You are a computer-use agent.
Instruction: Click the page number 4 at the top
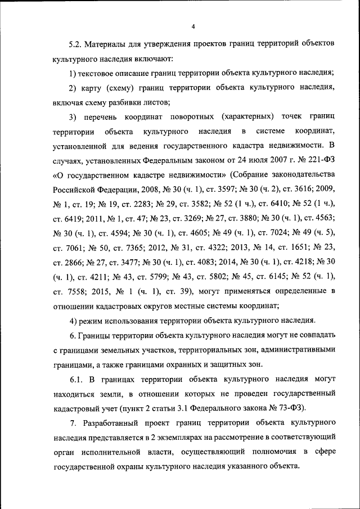pyautogui.click(x=192, y=26)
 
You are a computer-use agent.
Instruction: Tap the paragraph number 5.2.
pyautogui.click(x=75, y=43)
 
